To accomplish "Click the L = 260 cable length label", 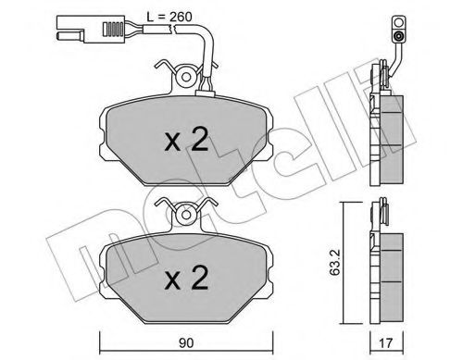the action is click(169, 17).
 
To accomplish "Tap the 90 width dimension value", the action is click(186, 343).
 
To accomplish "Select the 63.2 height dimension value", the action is click(334, 262).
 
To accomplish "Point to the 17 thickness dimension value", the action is click(386, 343).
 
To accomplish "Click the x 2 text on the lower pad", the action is click(186, 278).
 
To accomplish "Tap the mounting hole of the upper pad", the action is click(186, 77).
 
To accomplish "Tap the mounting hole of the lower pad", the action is click(186, 215).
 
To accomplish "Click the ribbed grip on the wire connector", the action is click(113, 30).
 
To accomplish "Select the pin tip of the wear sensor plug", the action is click(69, 35).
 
